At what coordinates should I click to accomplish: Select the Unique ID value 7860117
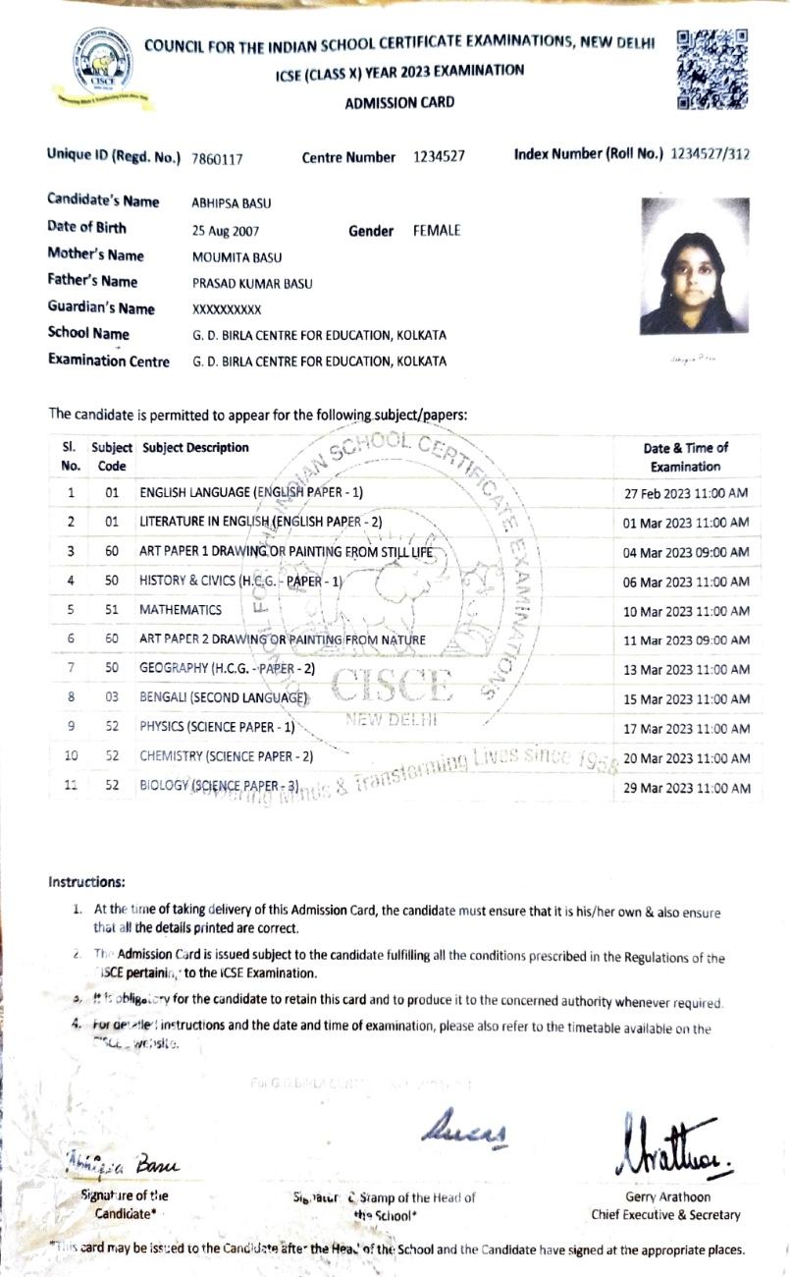point(217,158)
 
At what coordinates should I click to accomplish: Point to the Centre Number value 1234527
point(439,157)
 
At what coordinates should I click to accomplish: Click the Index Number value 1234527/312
point(711,154)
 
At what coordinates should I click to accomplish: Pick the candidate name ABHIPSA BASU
point(231,204)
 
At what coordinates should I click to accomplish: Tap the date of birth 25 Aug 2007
point(226,231)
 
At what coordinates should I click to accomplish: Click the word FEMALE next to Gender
point(437,231)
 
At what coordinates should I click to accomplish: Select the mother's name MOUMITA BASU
point(237,257)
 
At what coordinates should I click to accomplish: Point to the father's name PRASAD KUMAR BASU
point(252,284)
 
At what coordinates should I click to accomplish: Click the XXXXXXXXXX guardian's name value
point(227,309)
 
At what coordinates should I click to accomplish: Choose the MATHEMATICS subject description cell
point(181,610)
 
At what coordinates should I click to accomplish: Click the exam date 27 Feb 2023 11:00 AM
point(686,493)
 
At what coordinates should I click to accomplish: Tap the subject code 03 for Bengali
point(111,697)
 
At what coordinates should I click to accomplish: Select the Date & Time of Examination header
point(685,457)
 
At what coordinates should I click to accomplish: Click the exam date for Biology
point(686,788)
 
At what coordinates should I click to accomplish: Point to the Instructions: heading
point(86,882)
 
